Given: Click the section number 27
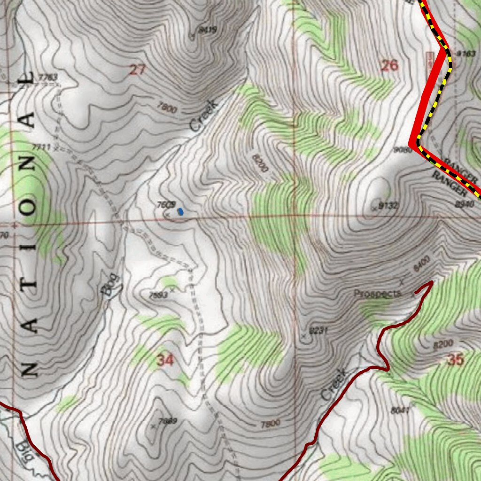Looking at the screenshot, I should pyautogui.click(x=137, y=70).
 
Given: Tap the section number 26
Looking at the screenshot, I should pyautogui.click(x=389, y=65).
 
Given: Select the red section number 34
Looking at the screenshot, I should pyautogui.click(x=165, y=360).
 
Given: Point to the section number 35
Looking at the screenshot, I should pyautogui.click(x=455, y=360).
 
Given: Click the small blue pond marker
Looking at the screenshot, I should pyautogui.click(x=180, y=212).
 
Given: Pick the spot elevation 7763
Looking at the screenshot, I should pyautogui.click(x=48, y=78).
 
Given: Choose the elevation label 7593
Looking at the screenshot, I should pyautogui.click(x=158, y=295).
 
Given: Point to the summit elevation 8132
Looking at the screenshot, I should pyautogui.click(x=389, y=205).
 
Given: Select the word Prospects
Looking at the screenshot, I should pyautogui.click(x=378, y=294).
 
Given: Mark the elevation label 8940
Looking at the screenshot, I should pyautogui.click(x=465, y=203).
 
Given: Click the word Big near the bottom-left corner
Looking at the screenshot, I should pyautogui.click(x=23, y=450).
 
